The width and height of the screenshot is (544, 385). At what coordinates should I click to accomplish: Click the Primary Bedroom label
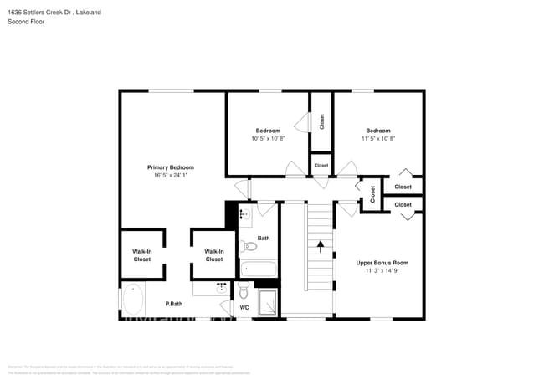(170, 167)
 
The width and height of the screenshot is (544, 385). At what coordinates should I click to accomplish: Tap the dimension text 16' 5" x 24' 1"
(170, 176)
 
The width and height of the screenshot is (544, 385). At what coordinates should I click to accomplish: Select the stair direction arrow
(319, 246)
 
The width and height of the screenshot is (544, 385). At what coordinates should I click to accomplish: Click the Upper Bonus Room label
(382, 263)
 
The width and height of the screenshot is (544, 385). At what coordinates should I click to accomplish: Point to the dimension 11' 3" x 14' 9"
(382, 271)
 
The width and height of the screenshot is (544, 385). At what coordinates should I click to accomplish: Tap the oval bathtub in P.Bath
(133, 300)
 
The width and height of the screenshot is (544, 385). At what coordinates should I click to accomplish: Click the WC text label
(244, 308)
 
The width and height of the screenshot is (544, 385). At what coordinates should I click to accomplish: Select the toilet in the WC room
(244, 290)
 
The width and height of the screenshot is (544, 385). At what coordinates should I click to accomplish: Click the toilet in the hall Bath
(248, 247)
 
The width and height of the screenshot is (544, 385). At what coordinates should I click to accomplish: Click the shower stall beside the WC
(267, 302)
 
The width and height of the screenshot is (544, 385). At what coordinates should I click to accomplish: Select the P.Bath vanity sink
(222, 285)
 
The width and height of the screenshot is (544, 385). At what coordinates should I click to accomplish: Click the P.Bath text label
(174, 304)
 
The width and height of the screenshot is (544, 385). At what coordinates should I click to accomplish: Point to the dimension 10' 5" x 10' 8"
(268, 138)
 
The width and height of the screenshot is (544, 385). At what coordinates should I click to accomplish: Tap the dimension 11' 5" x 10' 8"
(377, 138)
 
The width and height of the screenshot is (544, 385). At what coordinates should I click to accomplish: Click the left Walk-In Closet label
(142, 255)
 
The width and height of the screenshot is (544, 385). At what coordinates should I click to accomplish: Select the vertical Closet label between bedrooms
(321, 121)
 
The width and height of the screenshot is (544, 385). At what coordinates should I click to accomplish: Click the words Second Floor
(26, 21)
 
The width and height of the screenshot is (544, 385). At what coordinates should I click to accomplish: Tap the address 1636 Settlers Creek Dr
(42, 12)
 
